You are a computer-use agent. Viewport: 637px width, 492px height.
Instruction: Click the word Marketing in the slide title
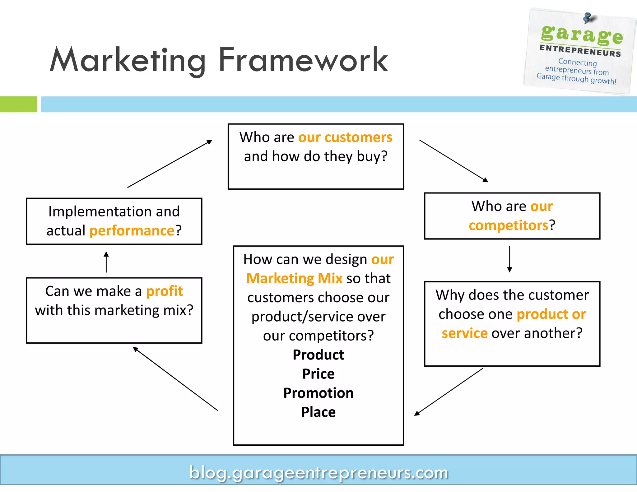point(128,61)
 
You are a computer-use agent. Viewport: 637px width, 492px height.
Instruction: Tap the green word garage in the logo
point(582,34)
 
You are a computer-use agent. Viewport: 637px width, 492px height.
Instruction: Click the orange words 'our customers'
point(345,137)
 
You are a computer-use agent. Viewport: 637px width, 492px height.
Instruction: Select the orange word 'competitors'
point(509,225)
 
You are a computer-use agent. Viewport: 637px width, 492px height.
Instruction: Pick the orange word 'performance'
point(132,231)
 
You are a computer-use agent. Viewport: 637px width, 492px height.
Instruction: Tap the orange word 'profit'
point(165,291)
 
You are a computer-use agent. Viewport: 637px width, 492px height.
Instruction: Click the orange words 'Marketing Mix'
point(294,278)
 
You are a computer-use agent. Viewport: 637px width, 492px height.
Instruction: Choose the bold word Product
point(318,355)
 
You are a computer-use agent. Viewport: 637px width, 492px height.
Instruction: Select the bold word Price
point(318,374)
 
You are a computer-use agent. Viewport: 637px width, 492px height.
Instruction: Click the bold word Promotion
point(318,393)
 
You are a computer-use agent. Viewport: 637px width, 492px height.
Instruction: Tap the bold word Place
point(318,412)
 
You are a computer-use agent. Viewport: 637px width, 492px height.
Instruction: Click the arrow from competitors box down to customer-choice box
point(509,259)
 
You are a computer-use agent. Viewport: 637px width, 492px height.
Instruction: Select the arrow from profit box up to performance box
point(106,262)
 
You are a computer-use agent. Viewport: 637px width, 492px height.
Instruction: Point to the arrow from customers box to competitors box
point(453,161)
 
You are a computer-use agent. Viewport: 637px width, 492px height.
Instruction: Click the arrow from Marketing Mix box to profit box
point(175,379)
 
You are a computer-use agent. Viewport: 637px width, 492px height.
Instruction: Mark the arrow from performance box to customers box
point(170,164)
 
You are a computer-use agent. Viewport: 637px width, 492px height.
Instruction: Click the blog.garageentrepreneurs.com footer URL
point(318,472)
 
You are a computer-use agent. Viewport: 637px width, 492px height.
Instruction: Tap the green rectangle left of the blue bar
point(18,104)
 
